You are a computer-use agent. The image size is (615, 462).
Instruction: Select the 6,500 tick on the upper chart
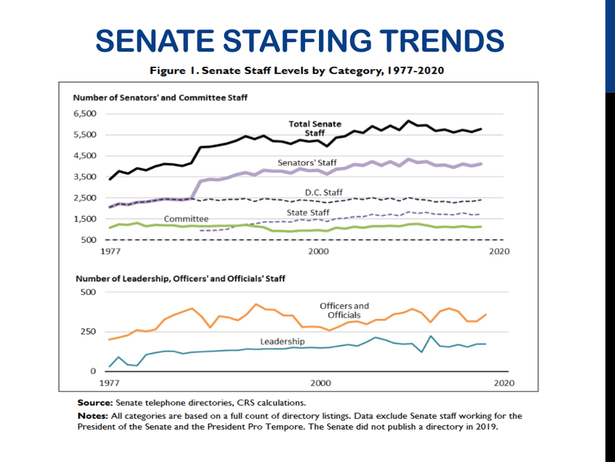85,114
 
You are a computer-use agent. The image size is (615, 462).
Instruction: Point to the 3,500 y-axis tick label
85,177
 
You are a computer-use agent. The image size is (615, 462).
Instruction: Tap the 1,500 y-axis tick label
85,219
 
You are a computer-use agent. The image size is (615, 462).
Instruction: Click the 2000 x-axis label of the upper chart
318,251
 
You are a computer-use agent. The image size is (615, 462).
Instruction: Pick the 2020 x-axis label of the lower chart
504,383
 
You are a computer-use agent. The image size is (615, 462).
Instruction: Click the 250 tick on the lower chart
88,332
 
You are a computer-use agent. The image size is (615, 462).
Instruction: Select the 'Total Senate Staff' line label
315,128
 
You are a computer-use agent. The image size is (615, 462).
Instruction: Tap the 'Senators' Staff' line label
307,163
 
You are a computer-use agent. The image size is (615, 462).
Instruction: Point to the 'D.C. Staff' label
324,192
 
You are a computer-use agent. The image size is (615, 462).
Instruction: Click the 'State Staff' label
308,213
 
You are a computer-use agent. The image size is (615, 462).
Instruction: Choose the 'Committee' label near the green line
186,219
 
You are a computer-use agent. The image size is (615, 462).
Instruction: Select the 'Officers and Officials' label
344,310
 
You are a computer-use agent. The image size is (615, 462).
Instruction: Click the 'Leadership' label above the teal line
282,341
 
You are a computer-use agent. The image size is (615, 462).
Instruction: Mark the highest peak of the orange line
256,304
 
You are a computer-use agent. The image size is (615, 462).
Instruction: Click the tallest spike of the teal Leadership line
431,336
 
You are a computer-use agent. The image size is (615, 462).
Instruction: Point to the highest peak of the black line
408,121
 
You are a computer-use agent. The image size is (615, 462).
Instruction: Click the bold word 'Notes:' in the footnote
92,416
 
